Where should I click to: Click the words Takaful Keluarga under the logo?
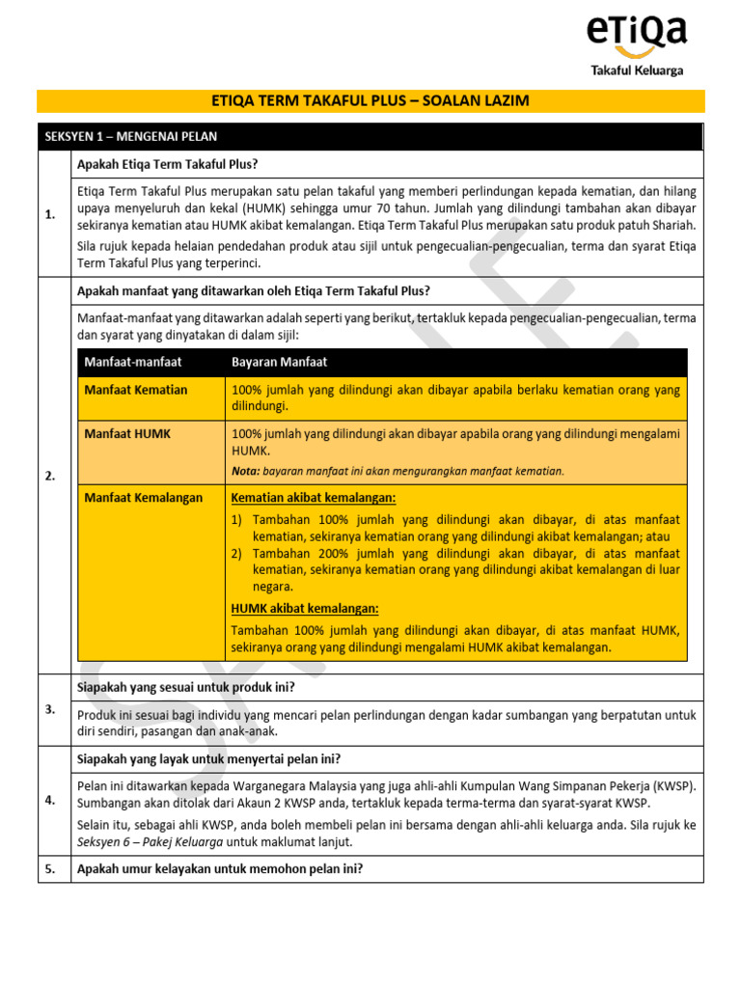click(638, 69)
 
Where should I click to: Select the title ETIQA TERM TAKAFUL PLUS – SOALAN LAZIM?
click(370, 101)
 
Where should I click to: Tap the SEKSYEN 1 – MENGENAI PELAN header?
click(131, 137)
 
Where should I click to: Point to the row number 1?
click(50, 215)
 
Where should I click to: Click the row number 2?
click(50, 476)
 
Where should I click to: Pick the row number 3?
click(50, 709)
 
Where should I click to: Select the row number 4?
click(50, 800)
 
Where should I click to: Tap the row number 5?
click(50, 868)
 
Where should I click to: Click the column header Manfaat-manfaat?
click(133, 362)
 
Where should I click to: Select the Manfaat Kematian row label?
click(136, 390)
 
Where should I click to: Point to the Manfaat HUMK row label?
click(127, 434)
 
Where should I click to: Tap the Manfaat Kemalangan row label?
click(144, 498)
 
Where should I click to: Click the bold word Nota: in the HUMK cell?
click(246, 472)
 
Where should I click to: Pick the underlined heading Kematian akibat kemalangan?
click(314, 498)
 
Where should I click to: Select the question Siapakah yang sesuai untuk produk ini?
click(186, 687)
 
